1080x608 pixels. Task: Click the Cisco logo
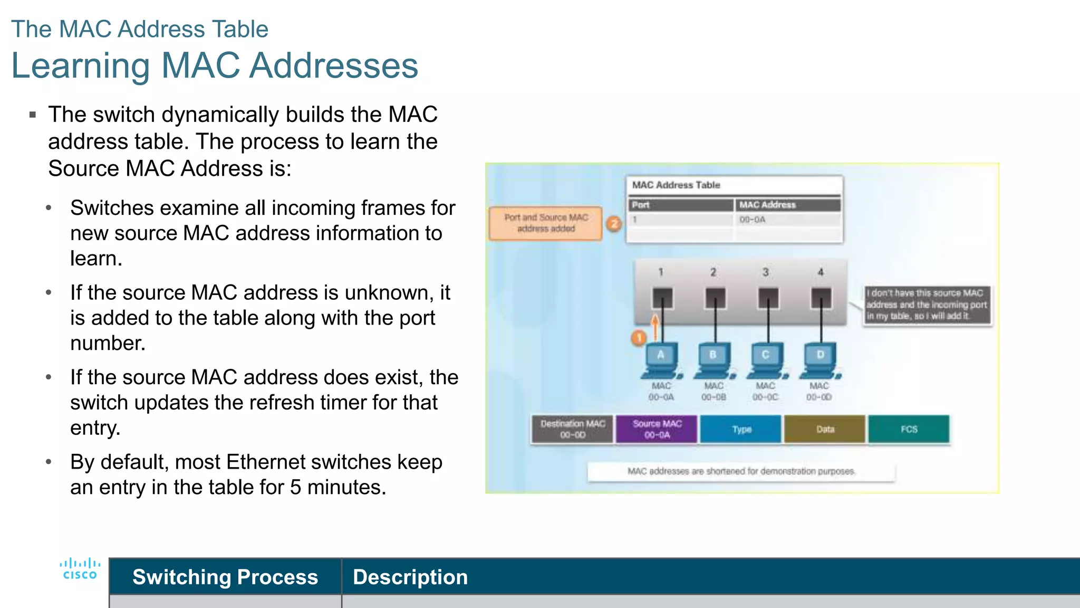pos(80,569)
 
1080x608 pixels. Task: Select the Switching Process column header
pos(225,577)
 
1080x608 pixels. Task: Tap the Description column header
pos(410,577)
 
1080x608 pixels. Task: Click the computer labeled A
pos(661,360)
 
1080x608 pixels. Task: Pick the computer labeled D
pos(820,360)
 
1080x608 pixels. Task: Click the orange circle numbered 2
pos(614,224)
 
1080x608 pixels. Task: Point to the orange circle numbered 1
pos(639,338)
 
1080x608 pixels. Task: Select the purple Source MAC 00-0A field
pos(657,429)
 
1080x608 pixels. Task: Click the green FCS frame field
pos(909,429)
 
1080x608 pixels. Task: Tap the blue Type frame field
pos(741,429)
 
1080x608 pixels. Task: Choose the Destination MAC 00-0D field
pos(573,429)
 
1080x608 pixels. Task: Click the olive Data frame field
pos(825,429)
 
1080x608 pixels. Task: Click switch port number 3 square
pos(768,298)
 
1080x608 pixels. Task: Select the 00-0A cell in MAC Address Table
pos(753,220)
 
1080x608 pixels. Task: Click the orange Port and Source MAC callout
pos(546,223)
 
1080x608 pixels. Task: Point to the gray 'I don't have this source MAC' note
pos(927,305)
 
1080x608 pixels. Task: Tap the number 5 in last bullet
pos(295,487)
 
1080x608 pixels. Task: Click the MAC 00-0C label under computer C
pos(765,392)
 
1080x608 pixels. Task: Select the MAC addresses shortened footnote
pos(741,471)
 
